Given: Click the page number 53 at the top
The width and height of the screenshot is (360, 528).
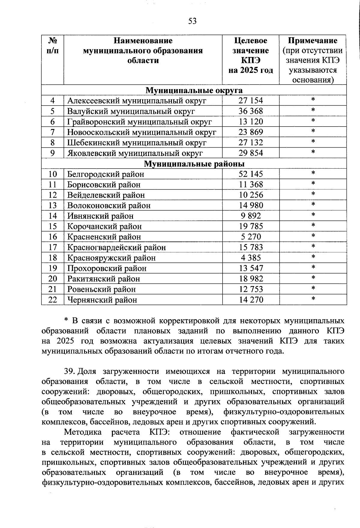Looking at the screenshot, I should [192, 21].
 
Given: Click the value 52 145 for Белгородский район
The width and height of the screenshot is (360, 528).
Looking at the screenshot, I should [250, 174].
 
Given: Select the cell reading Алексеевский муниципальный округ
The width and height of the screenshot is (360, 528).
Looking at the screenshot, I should [136, 101].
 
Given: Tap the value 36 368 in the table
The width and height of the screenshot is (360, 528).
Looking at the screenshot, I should [250, 111].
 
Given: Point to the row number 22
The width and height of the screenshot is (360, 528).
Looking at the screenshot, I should [52, 300].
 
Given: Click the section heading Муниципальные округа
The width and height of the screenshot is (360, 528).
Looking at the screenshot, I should [194, 90].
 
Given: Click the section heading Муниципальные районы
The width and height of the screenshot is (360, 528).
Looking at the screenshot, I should [194, 164].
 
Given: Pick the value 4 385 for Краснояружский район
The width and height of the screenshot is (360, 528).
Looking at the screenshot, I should [250, 258].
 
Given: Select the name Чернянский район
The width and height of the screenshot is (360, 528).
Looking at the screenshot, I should [102, 300].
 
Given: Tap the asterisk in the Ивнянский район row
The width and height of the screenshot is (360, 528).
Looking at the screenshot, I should [313, 215].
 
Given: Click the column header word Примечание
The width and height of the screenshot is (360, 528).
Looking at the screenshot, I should [313, 40].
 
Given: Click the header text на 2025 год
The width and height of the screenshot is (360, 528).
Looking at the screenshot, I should [250, 70].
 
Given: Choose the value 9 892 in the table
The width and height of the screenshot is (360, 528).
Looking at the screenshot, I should [250, 216].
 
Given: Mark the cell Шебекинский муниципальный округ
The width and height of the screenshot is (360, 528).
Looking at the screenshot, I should [136, 143].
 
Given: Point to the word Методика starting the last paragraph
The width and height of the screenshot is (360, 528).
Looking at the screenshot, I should [83, 432].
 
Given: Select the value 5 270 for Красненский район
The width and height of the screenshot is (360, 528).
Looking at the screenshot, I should [250, 237].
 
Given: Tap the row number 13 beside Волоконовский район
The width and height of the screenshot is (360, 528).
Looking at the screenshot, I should [52, 205].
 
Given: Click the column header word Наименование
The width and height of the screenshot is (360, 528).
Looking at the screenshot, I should [143, 40].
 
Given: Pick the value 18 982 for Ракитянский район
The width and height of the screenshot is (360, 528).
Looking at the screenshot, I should [250, 279].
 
